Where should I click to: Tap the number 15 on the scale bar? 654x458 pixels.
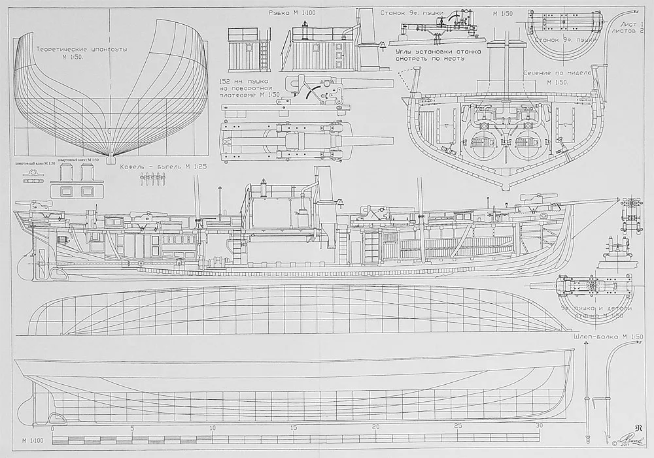tap(294, 427)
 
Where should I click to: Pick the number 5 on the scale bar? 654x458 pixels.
tap(132, 427)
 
